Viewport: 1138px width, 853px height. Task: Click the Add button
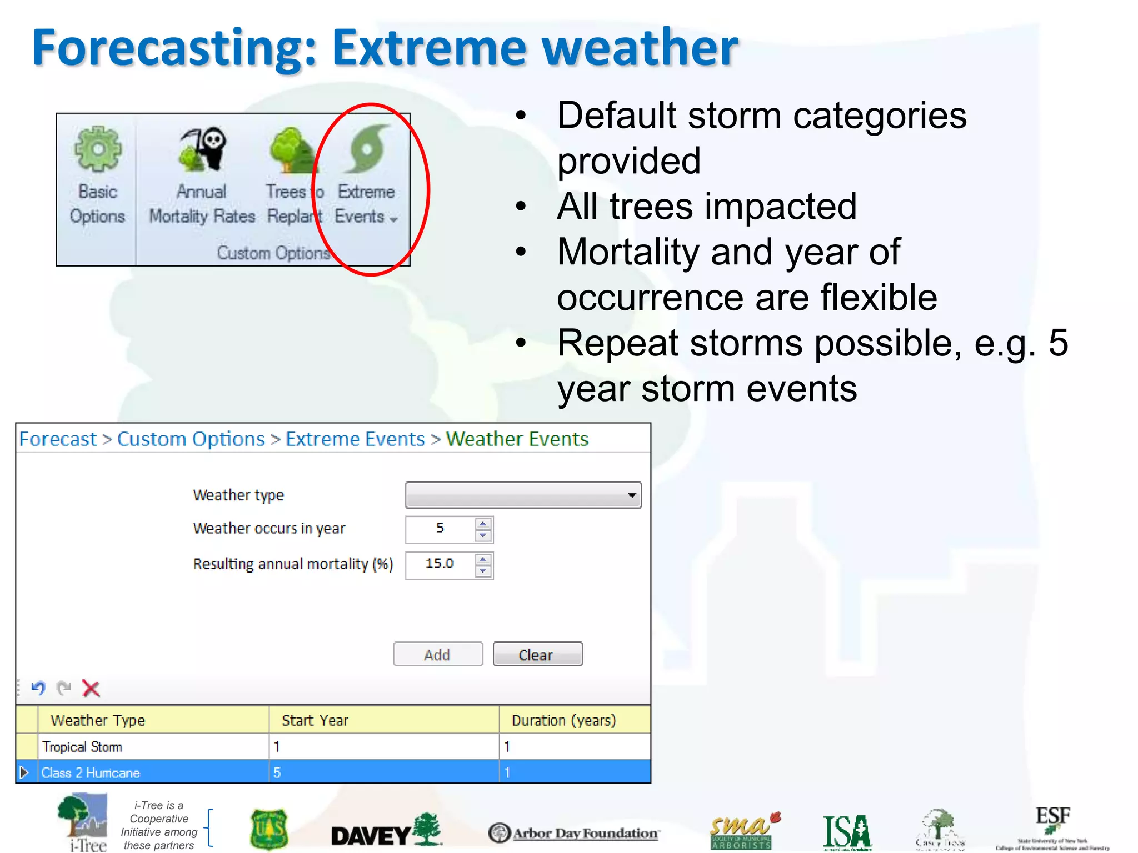click(438, 654)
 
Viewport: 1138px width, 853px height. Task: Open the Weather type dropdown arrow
click(631, 495)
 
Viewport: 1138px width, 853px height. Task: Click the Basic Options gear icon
click(98, 149)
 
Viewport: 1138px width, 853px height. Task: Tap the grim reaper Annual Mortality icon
click(203, 149)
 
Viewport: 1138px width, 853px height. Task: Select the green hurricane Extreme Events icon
click(367, 149)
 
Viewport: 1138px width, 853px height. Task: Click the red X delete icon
click(91, 689)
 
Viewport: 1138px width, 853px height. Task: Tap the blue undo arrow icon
click(38, 689)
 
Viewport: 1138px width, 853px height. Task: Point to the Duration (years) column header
click(563, 720)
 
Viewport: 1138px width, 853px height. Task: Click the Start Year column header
click(315, 720)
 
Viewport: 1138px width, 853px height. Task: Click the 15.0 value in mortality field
click(440, 564)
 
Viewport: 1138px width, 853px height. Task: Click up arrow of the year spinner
click(483, 524)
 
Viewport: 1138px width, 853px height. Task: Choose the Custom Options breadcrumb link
click(191, 439)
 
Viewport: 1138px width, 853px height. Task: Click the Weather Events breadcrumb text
click(517, 439)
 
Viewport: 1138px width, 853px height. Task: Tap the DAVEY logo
click(386, 832)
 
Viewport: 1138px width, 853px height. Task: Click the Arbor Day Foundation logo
click(573, 833)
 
